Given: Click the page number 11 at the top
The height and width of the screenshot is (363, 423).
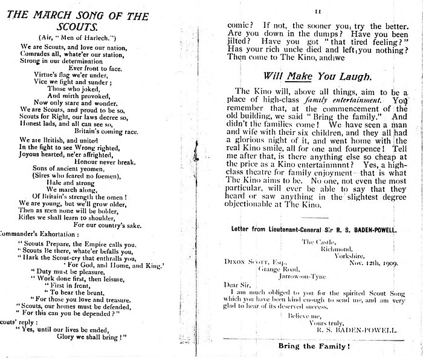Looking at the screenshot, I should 317,11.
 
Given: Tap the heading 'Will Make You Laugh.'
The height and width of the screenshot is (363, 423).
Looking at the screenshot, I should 317,77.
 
